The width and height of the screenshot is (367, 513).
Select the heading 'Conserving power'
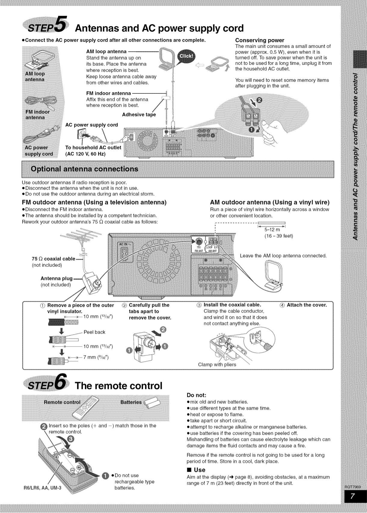pyautogui.click(x=259, y=40)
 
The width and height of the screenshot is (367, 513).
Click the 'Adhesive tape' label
pyautogui.click(x=139, y=115)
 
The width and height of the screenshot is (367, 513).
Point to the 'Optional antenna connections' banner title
pyautogui.click(x=84, y=169)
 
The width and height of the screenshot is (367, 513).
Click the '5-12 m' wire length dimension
pyautogui.click(x=272, y=230)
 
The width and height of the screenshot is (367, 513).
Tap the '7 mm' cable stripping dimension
pyautogui.click(x=96, y=357)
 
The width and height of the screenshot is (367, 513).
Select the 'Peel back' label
pyautogui.click(x=94, y=332)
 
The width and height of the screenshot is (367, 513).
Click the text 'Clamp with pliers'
pyautogui.click(x=217, y=365)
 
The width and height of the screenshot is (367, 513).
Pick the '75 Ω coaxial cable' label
pyautogui.click(x=54, y=259)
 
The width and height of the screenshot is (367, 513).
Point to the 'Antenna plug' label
pyautogui.click(x=57, y=279)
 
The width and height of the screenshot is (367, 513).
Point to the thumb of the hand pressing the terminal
pyautogui.click(x=266, y=124)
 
